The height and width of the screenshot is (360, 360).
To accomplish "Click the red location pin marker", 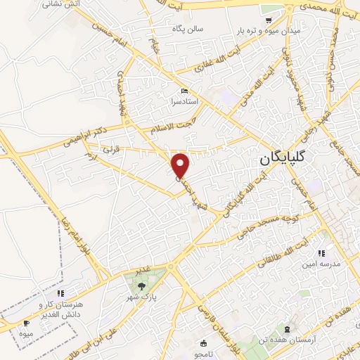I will pyautogui.click(x=181, y=165).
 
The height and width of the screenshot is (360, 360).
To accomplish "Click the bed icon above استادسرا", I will pyautogui.click(x=184, y=91).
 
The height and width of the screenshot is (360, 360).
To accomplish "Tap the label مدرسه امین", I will pyautogui.click(x=320, y=264).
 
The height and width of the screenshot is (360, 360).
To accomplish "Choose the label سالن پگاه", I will pyautogui.click(x=188, y=29).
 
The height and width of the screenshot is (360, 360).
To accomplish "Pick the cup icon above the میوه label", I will pyautogui.click(x=27, y=323).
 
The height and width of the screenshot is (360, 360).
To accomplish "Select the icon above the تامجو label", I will pyautogui.click(x=204, y=344).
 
